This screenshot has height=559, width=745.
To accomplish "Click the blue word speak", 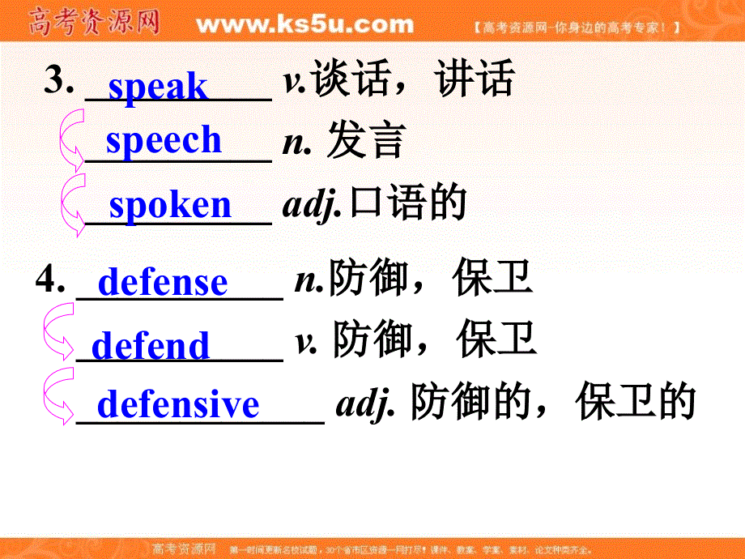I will coord(157,87).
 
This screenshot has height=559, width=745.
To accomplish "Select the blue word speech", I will coord(164,140).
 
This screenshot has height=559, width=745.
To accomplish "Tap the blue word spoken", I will coord(170,205).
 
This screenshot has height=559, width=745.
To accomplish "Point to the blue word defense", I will coord(162,282).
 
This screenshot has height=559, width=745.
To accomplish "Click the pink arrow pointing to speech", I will coord(71,142).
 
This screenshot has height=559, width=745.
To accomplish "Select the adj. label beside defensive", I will coord(365,403).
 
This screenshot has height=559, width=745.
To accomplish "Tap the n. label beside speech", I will coord(297,143).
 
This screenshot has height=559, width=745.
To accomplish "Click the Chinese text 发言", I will coord(365,142).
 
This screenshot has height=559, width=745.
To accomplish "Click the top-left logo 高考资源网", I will coord(93,22).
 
